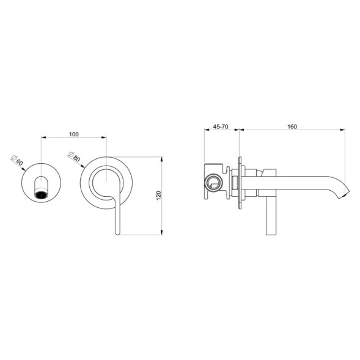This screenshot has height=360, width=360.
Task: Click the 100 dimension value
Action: (73, 134)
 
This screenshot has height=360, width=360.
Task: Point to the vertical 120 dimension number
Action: (158, 196)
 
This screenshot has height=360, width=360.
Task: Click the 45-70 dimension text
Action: (221, 127)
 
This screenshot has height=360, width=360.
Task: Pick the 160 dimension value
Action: (292, 127)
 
